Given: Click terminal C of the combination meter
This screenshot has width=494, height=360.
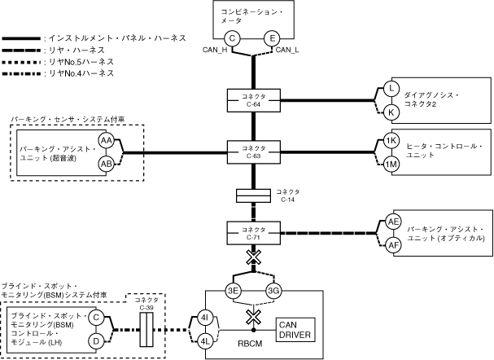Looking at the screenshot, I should point(232,38).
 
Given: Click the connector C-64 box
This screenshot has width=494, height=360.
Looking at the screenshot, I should point(251,99).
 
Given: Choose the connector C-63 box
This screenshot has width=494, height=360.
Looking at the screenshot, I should point(251,151).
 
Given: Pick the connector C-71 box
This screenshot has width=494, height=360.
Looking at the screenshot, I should point(251,232).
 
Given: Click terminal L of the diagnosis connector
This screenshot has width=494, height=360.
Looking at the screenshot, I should point(391,88).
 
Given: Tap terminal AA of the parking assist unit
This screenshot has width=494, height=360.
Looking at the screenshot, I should point(106,141).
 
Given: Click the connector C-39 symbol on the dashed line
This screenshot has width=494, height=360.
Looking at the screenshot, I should point(147,328).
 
